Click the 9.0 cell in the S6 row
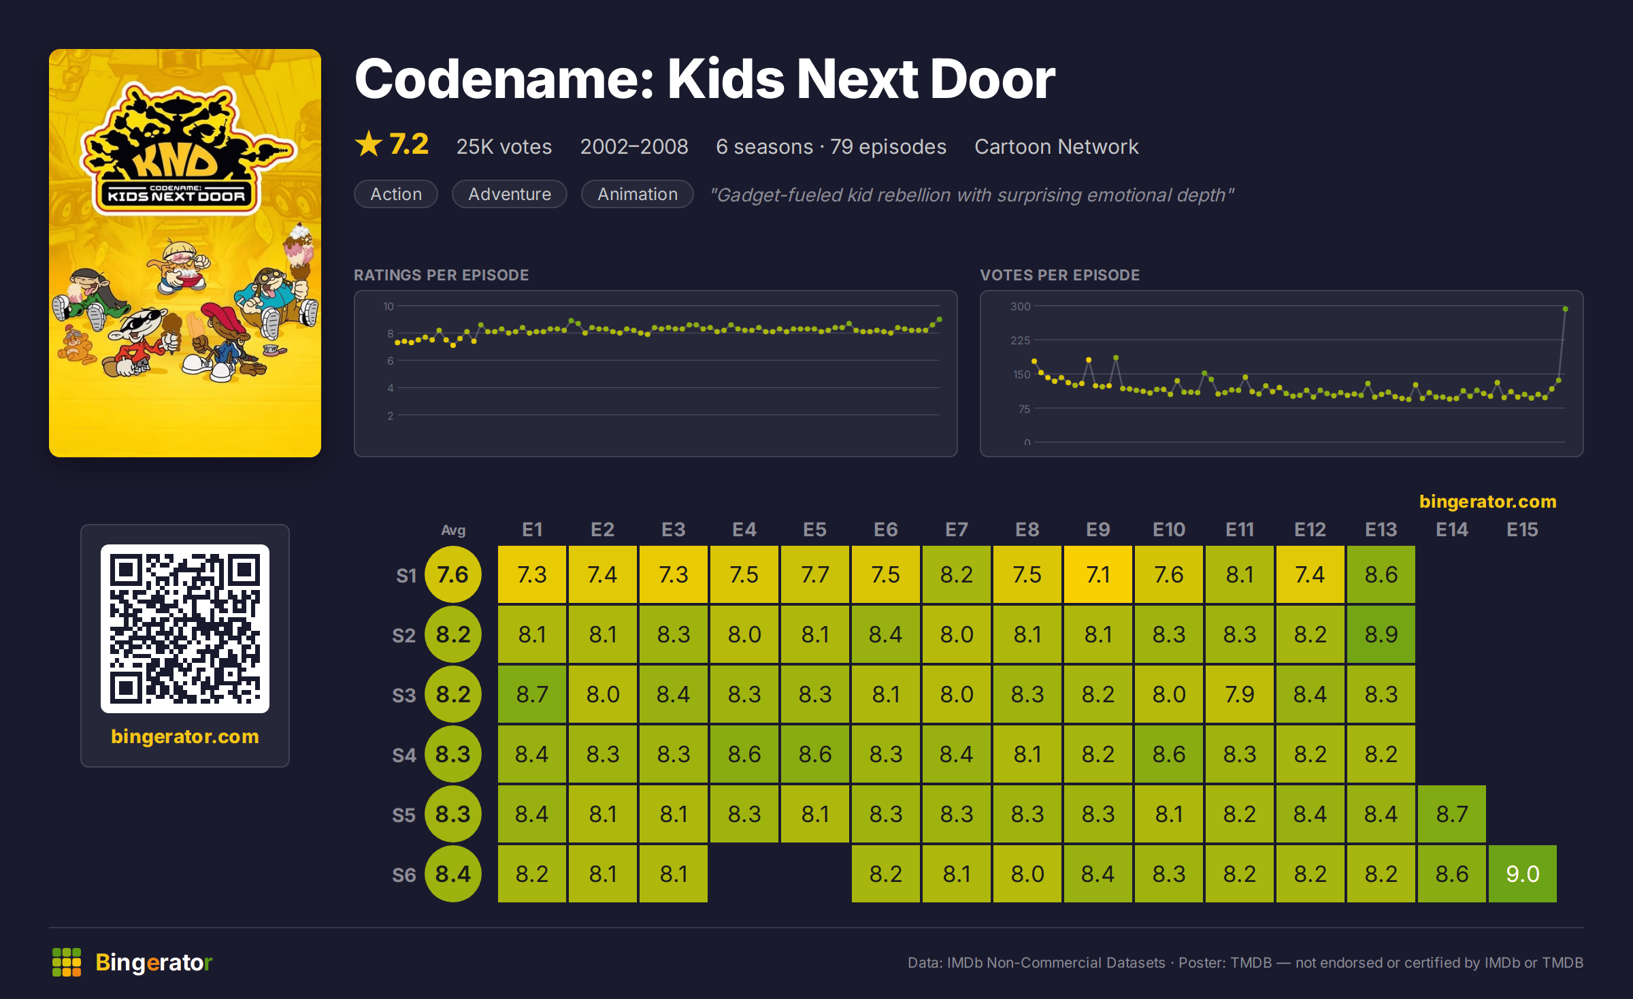(1522, 874)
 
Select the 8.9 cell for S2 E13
(1381, 634)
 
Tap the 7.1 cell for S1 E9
(1098, 574)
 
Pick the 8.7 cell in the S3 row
(531, 694)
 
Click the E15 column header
(1522, 529)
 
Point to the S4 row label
(403, 755)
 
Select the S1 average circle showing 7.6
(452, 574)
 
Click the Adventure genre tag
(510, 194)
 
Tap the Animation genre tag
(638, 194)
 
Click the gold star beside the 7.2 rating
(369, 144)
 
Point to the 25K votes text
(504, 146)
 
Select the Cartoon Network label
(1056, 146)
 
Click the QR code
(185, 629)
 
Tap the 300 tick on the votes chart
(1020, 306)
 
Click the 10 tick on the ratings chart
(389, 306)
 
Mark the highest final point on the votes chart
(1566, 309)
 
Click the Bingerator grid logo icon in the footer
(67, 962)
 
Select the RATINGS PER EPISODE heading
(441, 275)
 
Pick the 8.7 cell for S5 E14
(1451, 814)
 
